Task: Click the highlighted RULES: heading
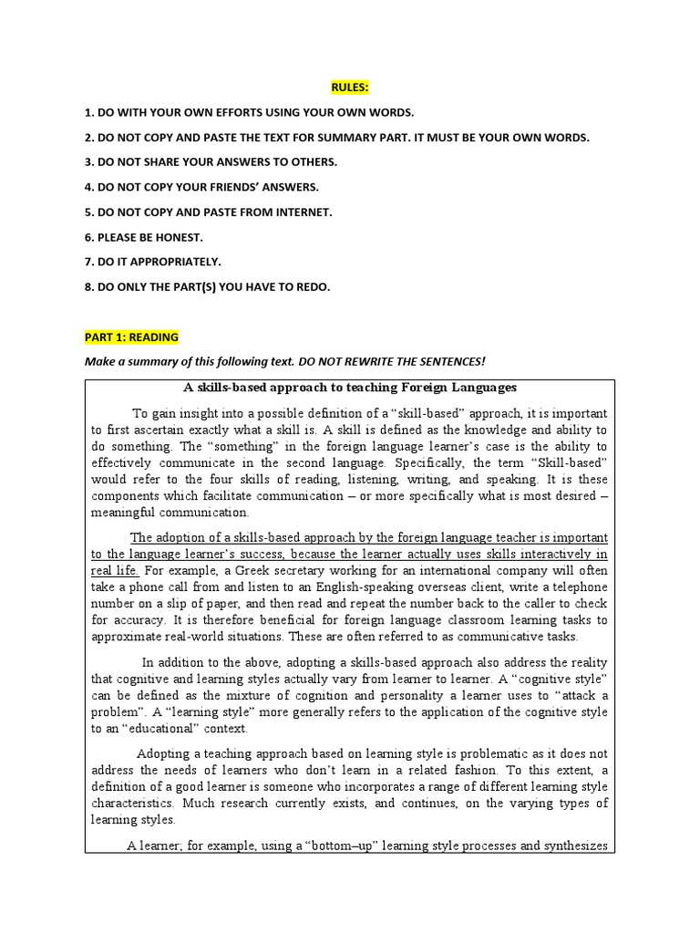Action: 350,88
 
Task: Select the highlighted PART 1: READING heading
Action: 131,337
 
